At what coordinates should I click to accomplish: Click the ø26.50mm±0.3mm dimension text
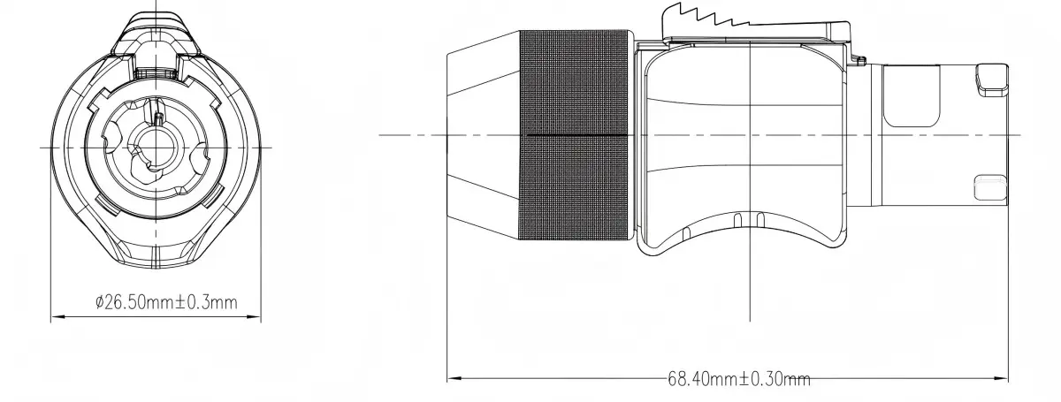[166, 302]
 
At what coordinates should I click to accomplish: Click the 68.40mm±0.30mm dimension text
[739, 379]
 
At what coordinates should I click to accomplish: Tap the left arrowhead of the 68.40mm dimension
[454, 378]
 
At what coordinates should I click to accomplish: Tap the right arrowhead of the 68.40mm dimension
[1001, 378]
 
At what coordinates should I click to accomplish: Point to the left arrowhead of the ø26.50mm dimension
[57, 316]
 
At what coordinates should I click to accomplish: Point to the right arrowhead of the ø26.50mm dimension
[254, 316]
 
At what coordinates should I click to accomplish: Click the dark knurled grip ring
[576, 135]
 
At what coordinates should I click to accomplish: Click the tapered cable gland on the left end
[484, 135]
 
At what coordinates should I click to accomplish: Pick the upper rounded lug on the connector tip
[991, 80]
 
